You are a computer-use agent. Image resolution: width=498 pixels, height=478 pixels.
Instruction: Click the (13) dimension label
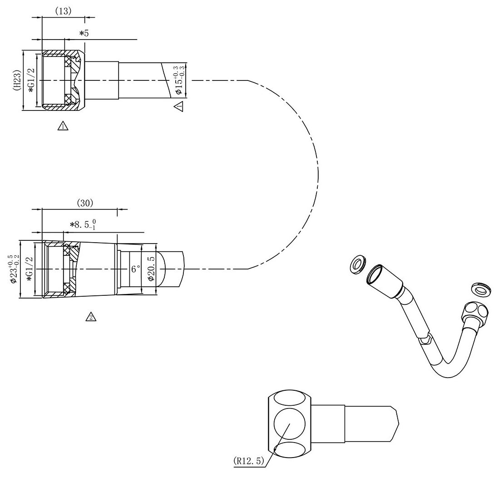click(63, 11)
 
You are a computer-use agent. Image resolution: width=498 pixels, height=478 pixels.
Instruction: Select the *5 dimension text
click(84, 33)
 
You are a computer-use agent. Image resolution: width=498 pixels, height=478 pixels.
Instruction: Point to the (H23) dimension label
click(17, 80)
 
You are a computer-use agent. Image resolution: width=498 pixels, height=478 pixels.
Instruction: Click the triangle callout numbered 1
click(63, 126)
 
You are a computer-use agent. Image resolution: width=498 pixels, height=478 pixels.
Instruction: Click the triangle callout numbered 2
click(91, 317)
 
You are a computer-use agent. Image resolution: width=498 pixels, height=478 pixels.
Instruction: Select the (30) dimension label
click(85, 203)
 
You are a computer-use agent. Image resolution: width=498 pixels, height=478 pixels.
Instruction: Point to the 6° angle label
click(136, 269)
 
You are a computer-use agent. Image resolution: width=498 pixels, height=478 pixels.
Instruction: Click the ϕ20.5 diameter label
click(151, 269)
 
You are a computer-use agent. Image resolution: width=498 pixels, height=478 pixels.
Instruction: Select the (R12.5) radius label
click(249, 461)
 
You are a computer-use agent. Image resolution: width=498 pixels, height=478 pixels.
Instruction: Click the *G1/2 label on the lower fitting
click(30, 269)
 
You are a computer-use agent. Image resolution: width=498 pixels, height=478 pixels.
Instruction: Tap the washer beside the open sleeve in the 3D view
click(358, 263)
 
